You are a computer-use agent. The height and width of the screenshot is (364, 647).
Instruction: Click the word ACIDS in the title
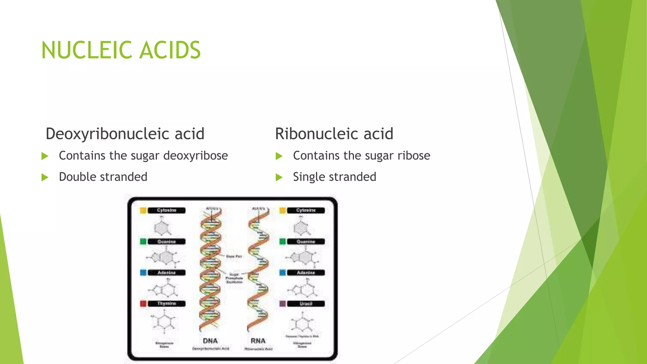click(x=170, y=50)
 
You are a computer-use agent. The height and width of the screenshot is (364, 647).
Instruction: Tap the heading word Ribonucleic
click(x=316, y=134)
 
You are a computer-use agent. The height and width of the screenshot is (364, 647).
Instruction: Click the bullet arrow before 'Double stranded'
click(x=45, y=177)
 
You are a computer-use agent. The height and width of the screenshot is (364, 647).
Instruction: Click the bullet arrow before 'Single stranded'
click(x=279, y=177)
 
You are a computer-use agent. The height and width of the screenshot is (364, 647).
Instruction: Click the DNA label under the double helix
click(x=210, y=341)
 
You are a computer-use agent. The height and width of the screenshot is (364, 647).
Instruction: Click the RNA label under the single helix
click(x=258, y=341)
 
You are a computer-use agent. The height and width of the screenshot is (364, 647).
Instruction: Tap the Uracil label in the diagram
click(x=305, y=304)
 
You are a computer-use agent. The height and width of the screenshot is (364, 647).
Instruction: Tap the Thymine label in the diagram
click(x=166, y=304)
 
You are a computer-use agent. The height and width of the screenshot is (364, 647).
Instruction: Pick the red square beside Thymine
click(x=143, y=304)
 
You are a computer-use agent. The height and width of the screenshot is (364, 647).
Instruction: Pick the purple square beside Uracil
click(x=282, y=304)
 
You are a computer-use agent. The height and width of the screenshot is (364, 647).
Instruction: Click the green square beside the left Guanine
click(x=143, y=242)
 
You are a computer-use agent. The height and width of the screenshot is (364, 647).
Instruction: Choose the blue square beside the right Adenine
click(x=282, y=272)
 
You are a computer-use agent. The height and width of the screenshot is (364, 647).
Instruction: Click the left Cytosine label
click(x=166, y=210)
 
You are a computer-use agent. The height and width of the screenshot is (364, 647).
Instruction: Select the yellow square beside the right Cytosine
click(x=282, y=210)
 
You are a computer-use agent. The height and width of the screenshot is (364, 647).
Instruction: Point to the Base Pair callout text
click(x=234, y=257)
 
